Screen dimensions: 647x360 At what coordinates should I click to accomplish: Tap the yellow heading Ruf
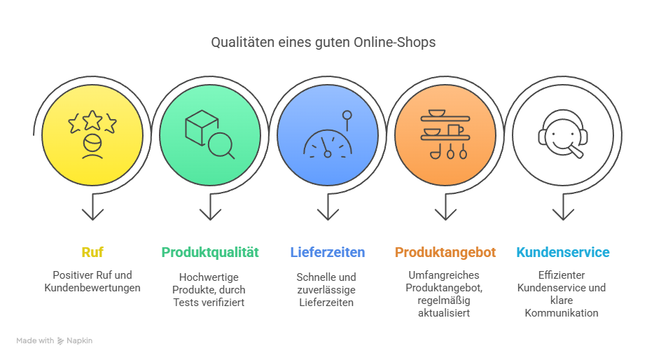pos(92,252)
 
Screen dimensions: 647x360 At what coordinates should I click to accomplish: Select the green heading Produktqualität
pos(210,252)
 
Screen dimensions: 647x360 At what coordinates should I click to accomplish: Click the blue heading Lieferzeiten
pos(328,252)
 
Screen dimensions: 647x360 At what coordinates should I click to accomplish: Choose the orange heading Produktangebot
pos(445,252)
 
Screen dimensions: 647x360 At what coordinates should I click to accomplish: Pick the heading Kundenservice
pos(563,252)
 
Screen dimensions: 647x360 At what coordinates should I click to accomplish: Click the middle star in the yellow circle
pos(92,120)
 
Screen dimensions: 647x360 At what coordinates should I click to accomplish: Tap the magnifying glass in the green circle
pos(221,146)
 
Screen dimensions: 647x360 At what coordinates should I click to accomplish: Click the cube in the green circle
pos(202,127)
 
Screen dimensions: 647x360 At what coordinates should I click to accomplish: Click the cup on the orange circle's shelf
pos(454,130)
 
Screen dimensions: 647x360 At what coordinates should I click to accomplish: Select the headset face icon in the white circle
pos(563,134)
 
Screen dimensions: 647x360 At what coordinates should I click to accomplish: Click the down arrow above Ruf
pos(92,207)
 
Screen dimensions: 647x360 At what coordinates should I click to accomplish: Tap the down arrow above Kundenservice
pos(563,207)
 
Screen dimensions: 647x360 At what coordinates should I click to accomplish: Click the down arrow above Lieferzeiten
pos(328,207)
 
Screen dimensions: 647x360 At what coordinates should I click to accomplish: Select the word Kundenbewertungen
pos(92,288)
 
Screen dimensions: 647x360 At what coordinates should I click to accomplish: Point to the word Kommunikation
pos(562,313)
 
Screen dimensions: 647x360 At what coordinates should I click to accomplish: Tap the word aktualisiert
pos(444,313)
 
